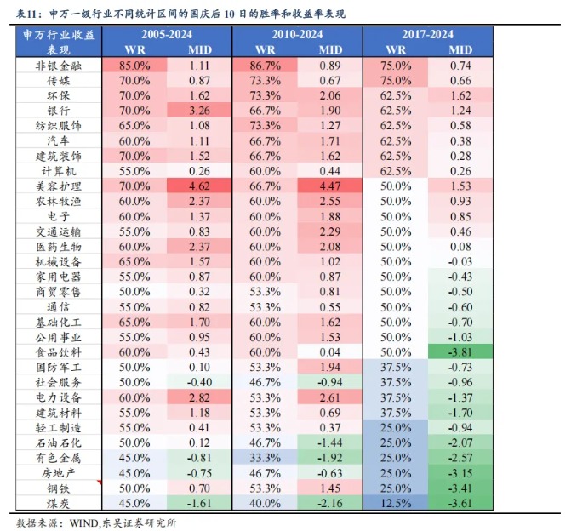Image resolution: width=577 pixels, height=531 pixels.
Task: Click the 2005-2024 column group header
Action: (166, 34)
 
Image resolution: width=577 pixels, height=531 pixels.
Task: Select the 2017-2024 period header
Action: (427, 34)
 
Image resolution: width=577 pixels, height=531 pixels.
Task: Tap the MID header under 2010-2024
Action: (330, 49)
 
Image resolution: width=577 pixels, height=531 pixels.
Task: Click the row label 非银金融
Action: (59, 65)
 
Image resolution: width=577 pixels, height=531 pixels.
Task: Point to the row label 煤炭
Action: (59, 503)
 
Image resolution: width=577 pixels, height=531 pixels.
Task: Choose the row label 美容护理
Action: (59, 186)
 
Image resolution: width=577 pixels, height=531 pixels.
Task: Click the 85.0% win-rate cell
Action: (134, 65)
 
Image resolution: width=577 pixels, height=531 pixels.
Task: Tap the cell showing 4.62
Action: (199, 186)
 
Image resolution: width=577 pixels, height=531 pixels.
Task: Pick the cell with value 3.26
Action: (199, 111)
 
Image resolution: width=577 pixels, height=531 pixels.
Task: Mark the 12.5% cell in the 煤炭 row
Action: (395, 503)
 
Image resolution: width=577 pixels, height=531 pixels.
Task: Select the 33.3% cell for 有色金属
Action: (265, 458)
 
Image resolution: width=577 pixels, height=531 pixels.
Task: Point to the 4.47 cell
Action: (330, 186)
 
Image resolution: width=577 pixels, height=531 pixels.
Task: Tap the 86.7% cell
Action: (265, 65)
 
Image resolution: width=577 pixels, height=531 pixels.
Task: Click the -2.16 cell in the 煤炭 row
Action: (330, 503)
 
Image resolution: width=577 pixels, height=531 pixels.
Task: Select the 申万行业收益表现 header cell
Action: (59, 42)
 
